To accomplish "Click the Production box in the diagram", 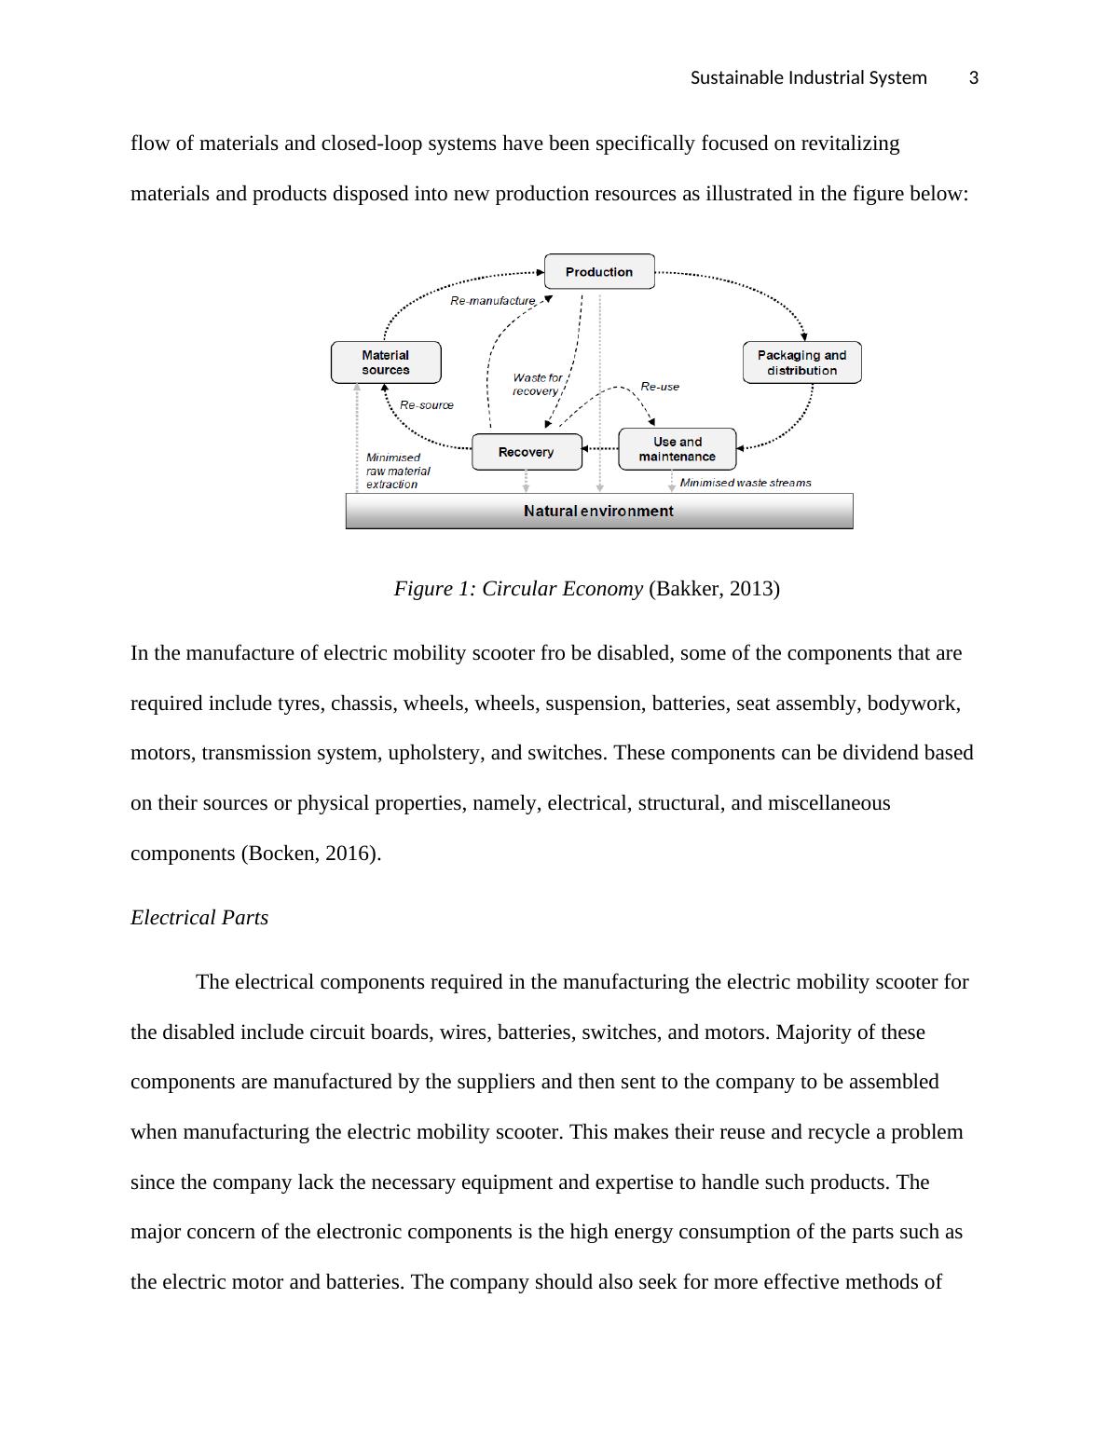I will tap(598, 272).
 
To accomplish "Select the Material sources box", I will tap(386, 362).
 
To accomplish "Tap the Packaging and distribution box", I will tap(801, 362).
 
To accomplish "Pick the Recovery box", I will tap(527, 452).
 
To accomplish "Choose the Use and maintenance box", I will tap(678, 449).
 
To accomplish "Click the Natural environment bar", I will tap(598, 511).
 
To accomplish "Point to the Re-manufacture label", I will tap(493, 301).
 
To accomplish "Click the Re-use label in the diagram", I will tap(660, 387).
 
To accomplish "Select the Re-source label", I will tap(427, 405).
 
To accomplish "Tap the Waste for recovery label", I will tap(537, 384).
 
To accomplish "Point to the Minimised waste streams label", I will tap(746, 483).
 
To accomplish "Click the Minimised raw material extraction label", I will tap(398, 471).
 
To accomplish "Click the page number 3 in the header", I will tap(974, 78).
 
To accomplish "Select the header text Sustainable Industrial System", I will tap(808, 78).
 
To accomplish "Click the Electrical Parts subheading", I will tap(199, 918).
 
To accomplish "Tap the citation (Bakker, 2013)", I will tap(714, 589).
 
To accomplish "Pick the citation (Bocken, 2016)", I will tap(311, 854).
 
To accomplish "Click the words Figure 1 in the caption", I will tap(432, 589).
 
